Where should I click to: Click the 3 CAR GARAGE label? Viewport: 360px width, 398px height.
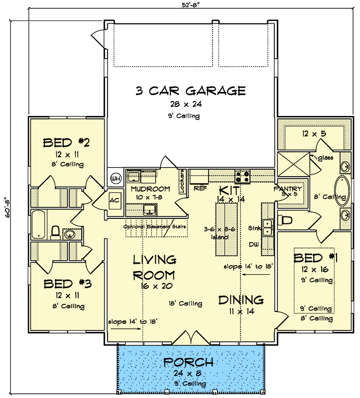[191, 91]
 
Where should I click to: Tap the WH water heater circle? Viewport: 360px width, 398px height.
[116, 178]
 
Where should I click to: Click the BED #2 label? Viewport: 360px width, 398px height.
[66, 144]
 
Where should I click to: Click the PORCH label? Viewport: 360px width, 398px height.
[189, 362]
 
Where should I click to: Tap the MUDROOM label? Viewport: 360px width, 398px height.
[150, 190]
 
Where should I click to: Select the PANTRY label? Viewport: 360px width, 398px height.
[288, 189]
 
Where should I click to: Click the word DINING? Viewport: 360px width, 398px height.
[240, 300]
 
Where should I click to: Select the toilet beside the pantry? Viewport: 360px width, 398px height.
[285, 219]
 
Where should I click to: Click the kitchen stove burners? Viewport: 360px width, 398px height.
[242, 176]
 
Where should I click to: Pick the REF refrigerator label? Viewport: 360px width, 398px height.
[200, 189]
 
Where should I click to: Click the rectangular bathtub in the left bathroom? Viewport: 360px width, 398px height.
[38, 225]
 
